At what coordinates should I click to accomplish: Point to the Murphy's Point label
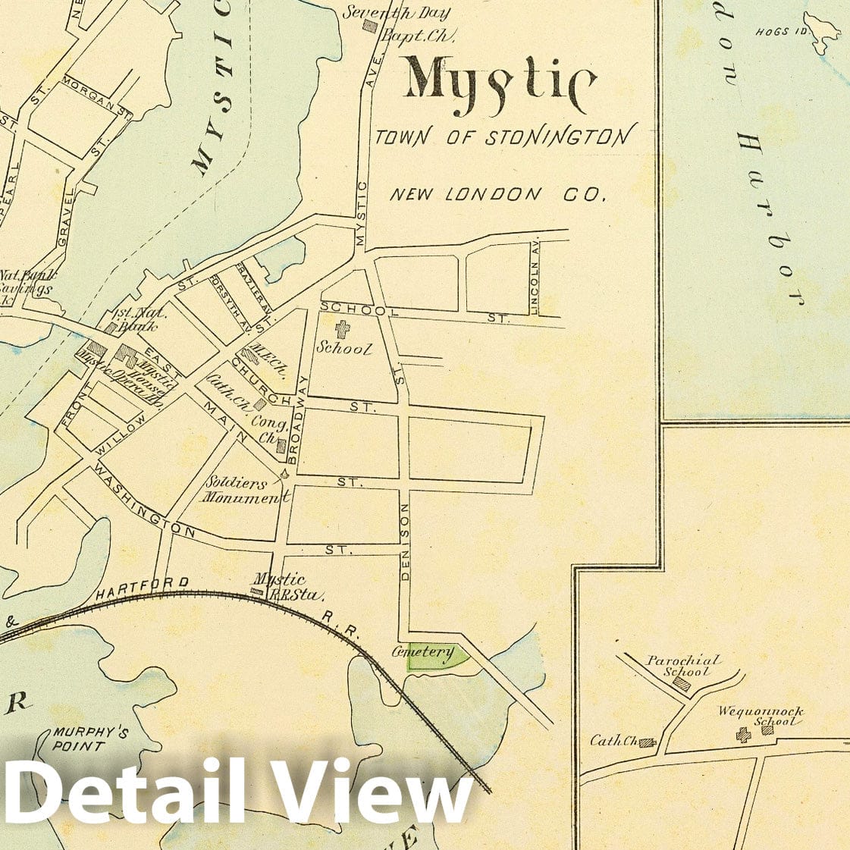click(80, 739)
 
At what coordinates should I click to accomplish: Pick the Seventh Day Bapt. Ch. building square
click(370, 25)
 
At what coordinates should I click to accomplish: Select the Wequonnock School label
click(761, 717)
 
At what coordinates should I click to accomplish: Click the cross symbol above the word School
click(343, 329)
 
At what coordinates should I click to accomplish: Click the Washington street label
click(144, 503)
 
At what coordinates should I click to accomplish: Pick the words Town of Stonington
click(503, 136)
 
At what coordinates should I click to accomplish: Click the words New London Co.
click(498, 194)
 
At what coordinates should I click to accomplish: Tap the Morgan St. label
click(99, 96)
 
